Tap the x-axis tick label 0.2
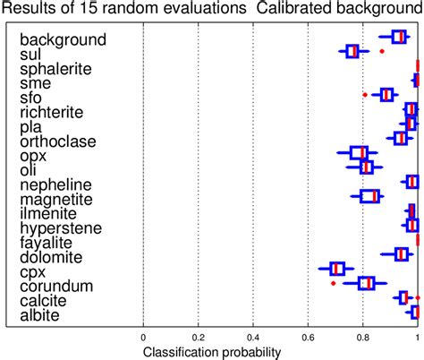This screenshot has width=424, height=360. tap(199, 337)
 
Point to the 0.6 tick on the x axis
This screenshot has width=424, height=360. tap(309, 337)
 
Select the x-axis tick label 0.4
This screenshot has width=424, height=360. tap(254, 337)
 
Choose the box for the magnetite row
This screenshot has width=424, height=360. tap(369, 196)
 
